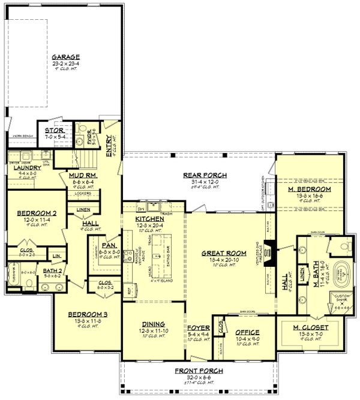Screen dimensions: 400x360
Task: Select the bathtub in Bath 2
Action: pos(16,280)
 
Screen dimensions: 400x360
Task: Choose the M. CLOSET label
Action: pos(309,327)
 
